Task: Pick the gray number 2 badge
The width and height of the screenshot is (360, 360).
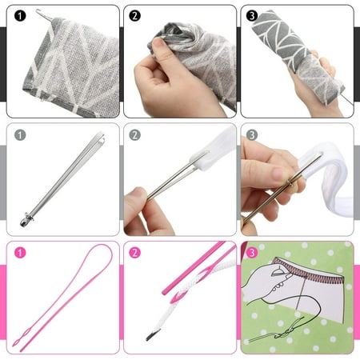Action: tap(135, 134)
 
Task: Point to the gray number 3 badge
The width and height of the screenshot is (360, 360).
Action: tap(253, 134)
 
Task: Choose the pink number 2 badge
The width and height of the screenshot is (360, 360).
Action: tap(135, 253)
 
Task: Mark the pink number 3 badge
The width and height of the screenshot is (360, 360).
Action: tap(253, 253)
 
